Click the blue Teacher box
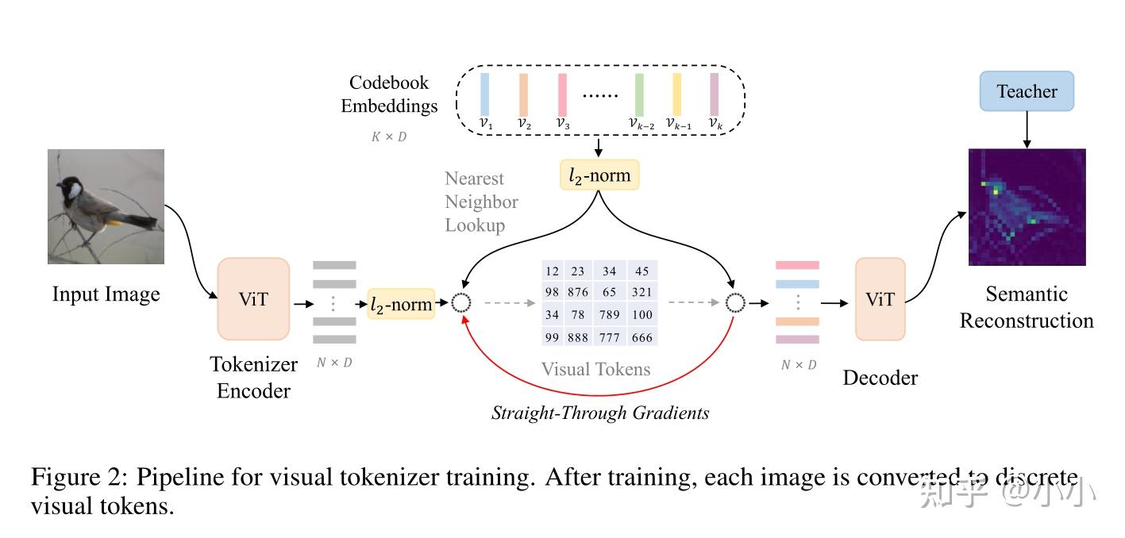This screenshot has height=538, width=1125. click(1027, 91)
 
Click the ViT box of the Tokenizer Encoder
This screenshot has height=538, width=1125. click(253, 299)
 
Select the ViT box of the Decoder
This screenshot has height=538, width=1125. click(880, 299)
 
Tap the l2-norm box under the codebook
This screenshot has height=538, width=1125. click(599, 175)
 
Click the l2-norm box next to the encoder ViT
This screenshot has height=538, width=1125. click(402, 304)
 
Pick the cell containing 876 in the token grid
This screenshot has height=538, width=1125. click(578, 293)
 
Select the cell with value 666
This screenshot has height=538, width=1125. click(642, 337)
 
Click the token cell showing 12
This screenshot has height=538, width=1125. click(553, 271)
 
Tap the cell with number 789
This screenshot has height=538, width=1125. click(610, 315)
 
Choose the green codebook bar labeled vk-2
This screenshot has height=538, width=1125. click(639, 94)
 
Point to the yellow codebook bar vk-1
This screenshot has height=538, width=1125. click(677, 94)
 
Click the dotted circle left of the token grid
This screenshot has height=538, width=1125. click(461, 302)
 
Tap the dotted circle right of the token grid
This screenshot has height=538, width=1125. click(736, 302)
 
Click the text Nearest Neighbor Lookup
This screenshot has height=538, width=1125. click(481, 202)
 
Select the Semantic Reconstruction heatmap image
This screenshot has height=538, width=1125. click(1027, 207)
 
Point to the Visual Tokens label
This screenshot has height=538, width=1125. click(595, 369)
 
